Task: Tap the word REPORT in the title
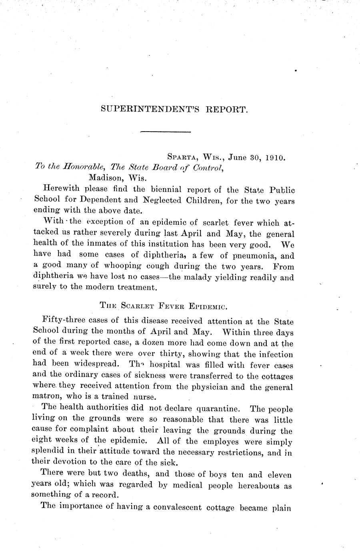(x=227, y=108)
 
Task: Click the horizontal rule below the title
(x=166, y=131)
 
